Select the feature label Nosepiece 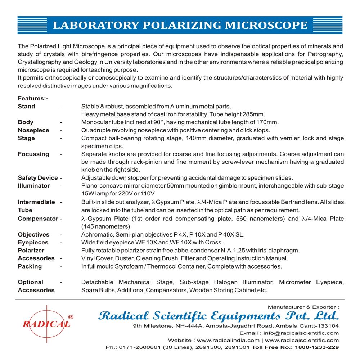33,130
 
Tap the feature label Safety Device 38,178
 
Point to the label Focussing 33,154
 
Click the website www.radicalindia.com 228,340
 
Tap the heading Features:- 33,99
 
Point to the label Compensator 38,219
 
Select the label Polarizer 31,251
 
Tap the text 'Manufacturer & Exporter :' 303,307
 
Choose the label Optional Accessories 36,286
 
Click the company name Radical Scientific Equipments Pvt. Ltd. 218,316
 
